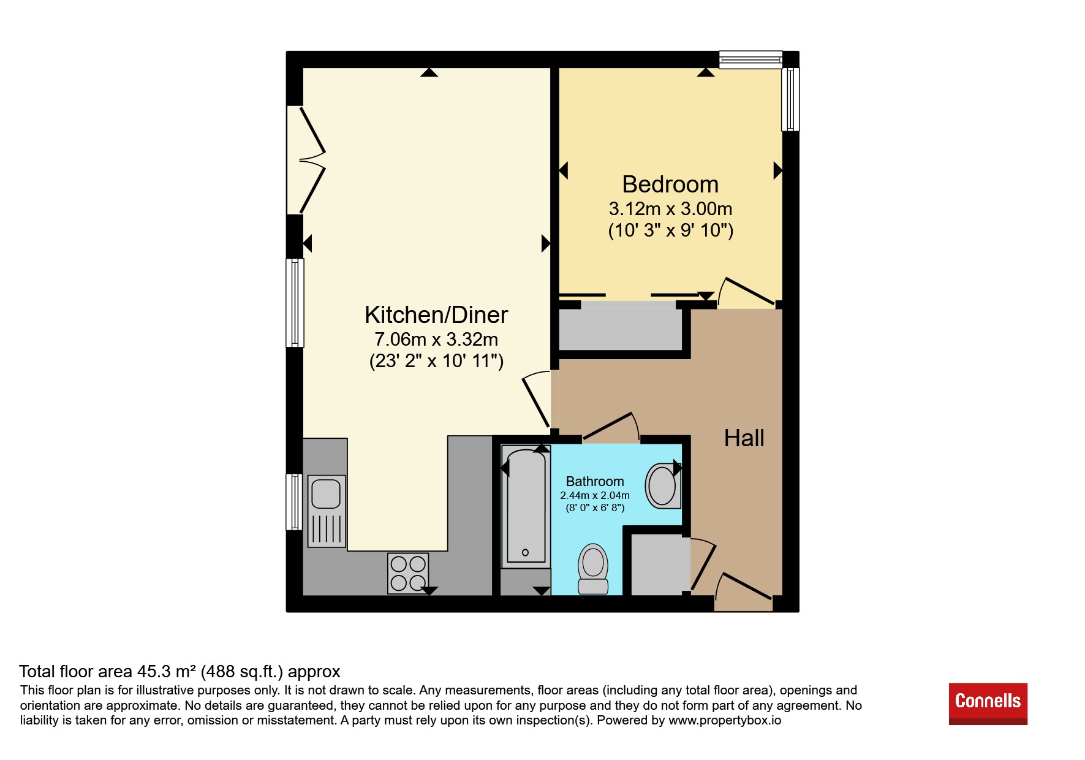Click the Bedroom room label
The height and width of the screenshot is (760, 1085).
pyautogui.click(x=670, y=184)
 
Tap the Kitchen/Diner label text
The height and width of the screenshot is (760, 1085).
pyautogui.click(x=436, y=315)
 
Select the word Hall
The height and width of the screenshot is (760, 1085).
pyautogui.click(x=744, y=438)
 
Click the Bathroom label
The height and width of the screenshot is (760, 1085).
pyautogui.click(x=595, y=482)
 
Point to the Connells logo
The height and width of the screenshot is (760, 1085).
pyautogui.click(x=988, y=704)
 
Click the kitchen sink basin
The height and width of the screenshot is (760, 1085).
pyautogui.click(x=326, y=493)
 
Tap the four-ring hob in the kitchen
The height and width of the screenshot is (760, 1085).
pyautogui.click(x=408, y=573)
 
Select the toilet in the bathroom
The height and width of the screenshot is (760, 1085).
pyautogui.click(x=593, y=569)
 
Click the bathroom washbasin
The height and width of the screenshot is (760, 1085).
pyautogui.click(x=663, y=485)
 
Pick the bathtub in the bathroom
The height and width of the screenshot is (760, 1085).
pyautogui.click(x=524, y=506)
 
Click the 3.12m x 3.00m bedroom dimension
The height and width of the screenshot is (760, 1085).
pyautogui.click(x=670, y=209)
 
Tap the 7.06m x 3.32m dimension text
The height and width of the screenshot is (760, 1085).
pyautogui.click(x=436, y=339)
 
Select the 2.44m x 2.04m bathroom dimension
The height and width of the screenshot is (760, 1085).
pyautogui.click(x=595, y=495)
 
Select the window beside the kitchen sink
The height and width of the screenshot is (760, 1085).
pyautogui.click(x=295, y=501)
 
